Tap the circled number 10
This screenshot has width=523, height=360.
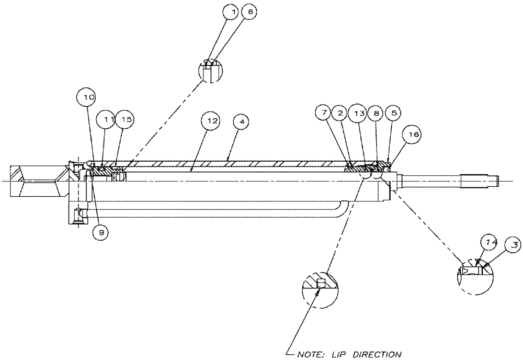pos(87,98)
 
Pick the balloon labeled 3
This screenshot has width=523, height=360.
pos(514,244)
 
